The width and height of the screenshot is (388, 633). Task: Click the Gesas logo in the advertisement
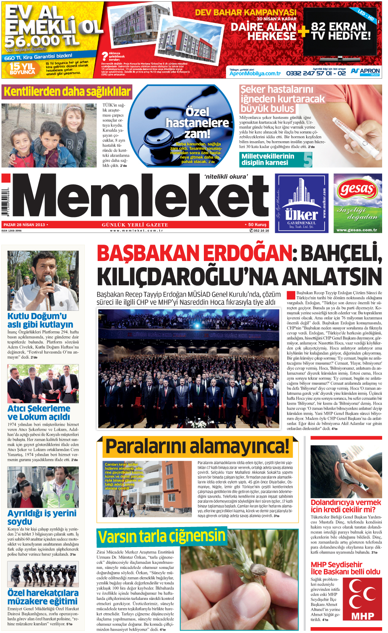pos(357,189)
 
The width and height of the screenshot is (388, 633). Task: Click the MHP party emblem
pos(362,599)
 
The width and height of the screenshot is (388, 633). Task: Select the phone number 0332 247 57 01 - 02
pos(316,73)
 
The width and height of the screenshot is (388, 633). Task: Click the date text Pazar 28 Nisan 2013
pos(24,225)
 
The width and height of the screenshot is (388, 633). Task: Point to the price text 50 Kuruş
pos(257,225)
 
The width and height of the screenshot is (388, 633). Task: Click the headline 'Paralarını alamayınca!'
pos(197,447)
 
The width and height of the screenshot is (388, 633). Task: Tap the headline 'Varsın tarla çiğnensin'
pos(161,537)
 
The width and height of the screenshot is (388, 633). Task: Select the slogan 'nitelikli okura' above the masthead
pos(226,177)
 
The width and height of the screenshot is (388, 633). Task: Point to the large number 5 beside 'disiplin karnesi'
pos(307,160)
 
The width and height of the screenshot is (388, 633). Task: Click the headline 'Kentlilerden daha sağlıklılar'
pos(67,92)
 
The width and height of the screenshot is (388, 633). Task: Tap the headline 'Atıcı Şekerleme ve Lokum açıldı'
pos(39,412)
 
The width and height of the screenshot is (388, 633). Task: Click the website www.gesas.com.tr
pos(357,230)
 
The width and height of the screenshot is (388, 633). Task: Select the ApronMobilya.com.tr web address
pos(255,73)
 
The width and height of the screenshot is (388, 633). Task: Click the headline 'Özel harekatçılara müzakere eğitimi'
pos(43,597)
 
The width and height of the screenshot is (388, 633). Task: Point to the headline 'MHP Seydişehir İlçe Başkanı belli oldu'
pos(345,568)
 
